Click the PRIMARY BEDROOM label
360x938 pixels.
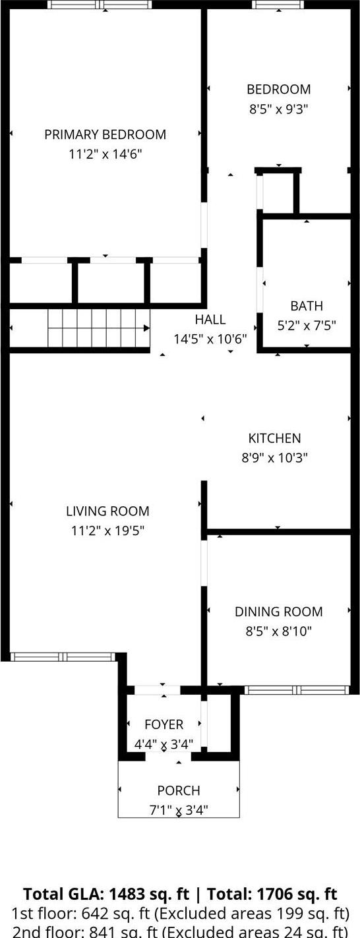tap(105, 134)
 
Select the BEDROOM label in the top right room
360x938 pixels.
tap(278, 90)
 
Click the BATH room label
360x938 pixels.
tap(307, 306)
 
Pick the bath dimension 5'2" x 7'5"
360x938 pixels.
tap(307, 325)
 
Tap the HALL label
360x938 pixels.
tap(210, 320)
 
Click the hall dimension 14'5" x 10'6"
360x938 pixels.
tap(210, 339)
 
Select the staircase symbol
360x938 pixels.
tap(98, 328)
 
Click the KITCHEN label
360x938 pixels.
tap(274, 438)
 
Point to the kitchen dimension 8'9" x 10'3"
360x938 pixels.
tap(274, 457)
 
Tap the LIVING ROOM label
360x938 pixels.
tap(107, 511)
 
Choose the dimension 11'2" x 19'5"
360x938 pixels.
tap(107, 530)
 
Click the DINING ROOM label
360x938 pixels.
tap(278, 612)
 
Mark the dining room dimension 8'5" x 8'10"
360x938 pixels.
tap(278, 631)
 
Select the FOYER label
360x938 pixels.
tap(164, 724)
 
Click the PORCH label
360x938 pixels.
tap(178, 790)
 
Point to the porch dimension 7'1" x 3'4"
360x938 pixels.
tap(178, 809)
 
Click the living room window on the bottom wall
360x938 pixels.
tap(63, 657)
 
